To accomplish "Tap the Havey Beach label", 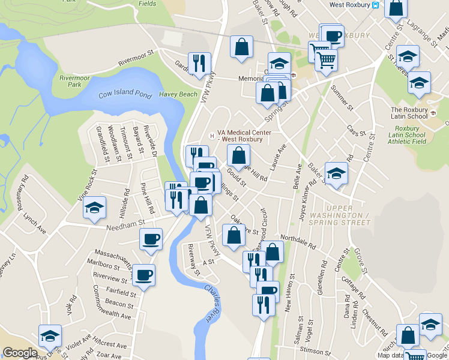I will point(178,94).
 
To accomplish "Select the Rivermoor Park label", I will point(74,81).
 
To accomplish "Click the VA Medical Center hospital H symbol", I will point(212,136).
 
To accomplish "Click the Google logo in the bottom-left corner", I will point(20,353).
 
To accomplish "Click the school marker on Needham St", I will point(94,208).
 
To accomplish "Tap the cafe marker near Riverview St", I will point(143,275).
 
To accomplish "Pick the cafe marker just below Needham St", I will point(151,238).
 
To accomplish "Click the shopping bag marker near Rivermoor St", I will point(241,46).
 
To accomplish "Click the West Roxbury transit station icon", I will point(375,5).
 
